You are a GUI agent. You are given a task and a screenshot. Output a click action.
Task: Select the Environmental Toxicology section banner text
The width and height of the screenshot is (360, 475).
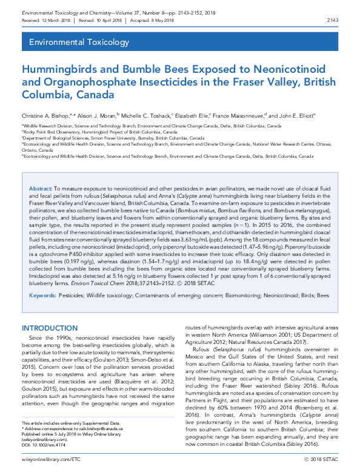[x=75, y=42]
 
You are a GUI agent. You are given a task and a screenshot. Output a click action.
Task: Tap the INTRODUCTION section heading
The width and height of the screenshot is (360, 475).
[x=49, y=328]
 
